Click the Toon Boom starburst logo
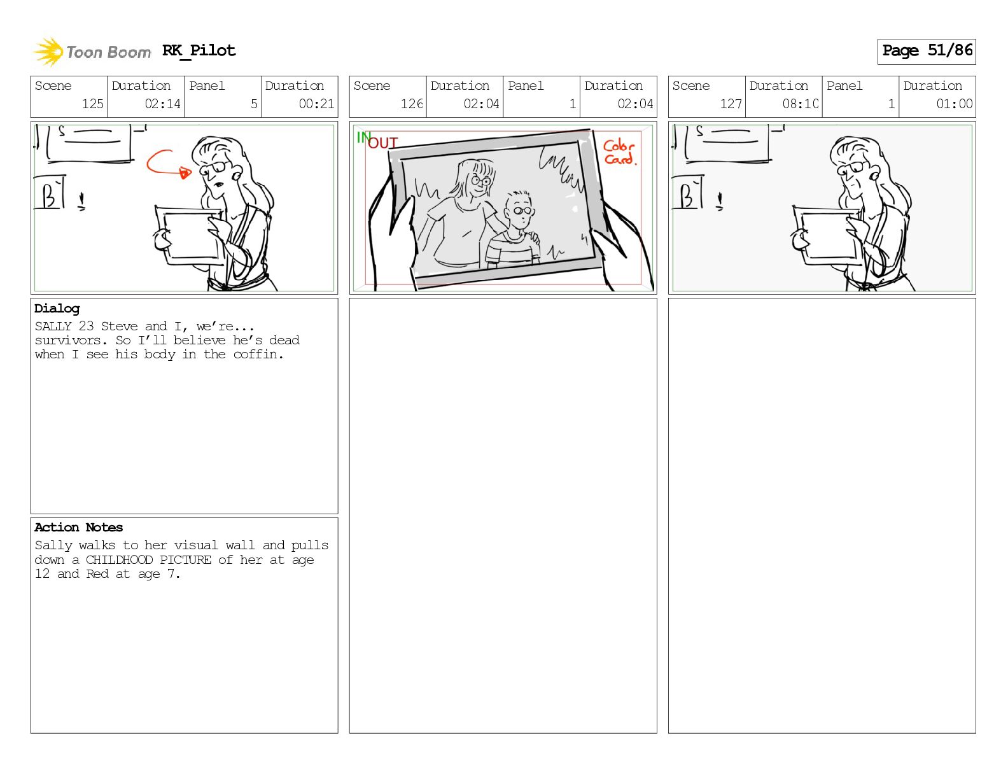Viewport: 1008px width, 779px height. coord(48,52)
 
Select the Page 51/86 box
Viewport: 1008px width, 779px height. coord(926,52)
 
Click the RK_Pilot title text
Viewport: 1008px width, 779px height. coord(199,50)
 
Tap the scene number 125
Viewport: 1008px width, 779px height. coord(93,104)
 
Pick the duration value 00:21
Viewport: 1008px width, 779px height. coord(316,104)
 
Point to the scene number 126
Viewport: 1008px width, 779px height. coord(412,104)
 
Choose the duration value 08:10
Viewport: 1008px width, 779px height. coord(800,104)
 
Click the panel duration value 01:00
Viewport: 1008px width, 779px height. coord(954,104)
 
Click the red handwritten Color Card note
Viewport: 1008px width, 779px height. coord(620,152)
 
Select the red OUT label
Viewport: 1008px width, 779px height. coord(382,143)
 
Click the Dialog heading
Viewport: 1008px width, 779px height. coord(57,309)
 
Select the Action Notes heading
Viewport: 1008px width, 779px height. coord(78,527)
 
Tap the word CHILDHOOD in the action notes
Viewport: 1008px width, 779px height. coord(119,559)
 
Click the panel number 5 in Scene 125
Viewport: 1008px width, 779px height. coord(254,104)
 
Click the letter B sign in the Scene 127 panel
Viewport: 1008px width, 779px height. coord(687,193)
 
